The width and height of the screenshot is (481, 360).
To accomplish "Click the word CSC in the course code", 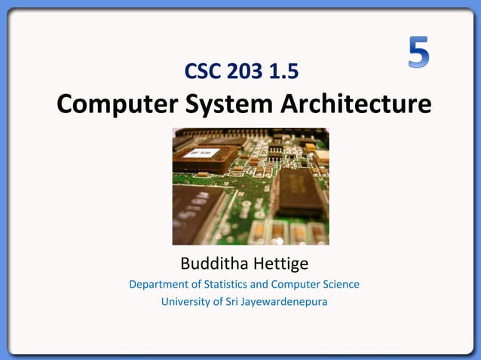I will (202, 72).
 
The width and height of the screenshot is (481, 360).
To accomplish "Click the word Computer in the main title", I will (114, 105).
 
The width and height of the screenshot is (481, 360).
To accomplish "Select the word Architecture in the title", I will (357, 104).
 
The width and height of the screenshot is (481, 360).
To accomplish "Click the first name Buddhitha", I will (213, 264).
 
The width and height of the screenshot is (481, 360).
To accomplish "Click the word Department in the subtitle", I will (161, 285).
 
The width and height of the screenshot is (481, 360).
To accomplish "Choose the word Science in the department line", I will (340, 285).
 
